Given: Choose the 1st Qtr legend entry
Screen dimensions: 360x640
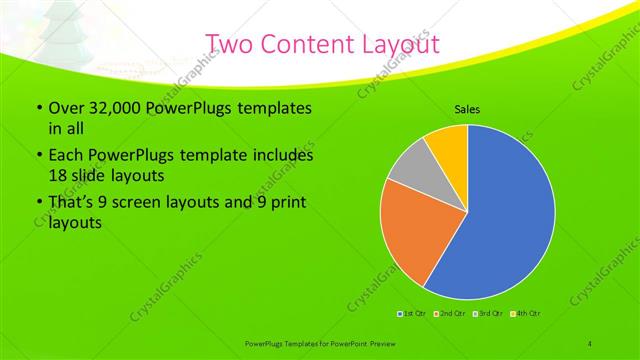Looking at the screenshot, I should pos(411,314).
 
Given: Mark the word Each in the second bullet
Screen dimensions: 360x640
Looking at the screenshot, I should pos(67,156).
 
